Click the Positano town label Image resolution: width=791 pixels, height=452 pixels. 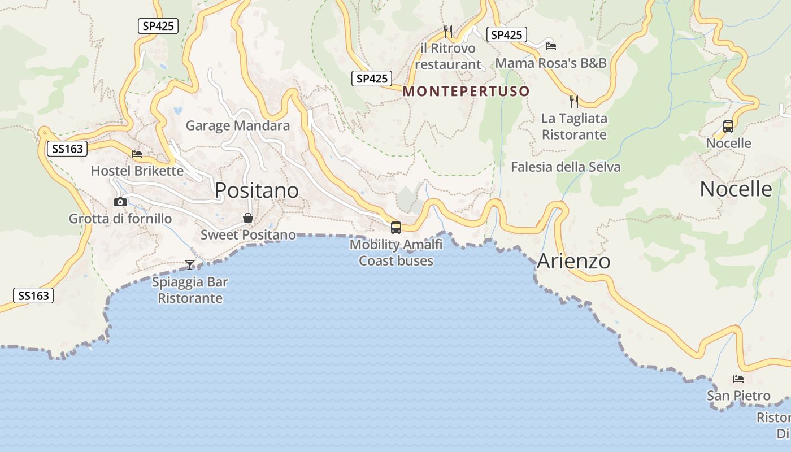tap(257, 190)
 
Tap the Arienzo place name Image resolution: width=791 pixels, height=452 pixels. tap(573, 261)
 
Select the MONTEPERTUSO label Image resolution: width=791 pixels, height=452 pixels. tap(466, 91)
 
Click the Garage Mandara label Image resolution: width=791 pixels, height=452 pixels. tap(238, 125)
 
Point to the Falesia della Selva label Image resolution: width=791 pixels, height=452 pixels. tap(566, 167)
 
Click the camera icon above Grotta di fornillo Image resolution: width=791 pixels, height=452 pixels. tap(120, 202)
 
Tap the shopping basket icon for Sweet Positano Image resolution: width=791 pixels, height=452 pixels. tap(247, 218)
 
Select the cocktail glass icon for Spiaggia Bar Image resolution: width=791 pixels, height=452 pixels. tap(190, 264)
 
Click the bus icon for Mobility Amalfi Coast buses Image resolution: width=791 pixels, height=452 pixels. tap(396, 228)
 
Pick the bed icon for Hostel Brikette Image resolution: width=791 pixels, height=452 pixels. tap(137, 154)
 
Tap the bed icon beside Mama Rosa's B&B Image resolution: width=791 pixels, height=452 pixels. tap(551, 46)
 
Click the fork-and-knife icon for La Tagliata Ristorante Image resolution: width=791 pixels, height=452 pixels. tap(574, 102)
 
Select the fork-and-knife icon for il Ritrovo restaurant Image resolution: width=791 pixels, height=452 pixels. tap(448, 31)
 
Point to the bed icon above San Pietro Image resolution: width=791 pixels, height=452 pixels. tap(738, 379)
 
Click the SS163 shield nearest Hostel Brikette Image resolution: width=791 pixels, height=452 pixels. tap(67, 149)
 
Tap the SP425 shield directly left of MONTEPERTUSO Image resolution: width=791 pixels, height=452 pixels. tap(372, 79)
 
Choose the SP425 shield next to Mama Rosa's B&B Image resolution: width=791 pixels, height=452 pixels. tap(506, 35)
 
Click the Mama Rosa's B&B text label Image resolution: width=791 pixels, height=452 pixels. tap(551, 63)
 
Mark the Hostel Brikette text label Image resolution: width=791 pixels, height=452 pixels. tap(137, 171)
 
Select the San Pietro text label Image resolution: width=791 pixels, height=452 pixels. tap(738, 395)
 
